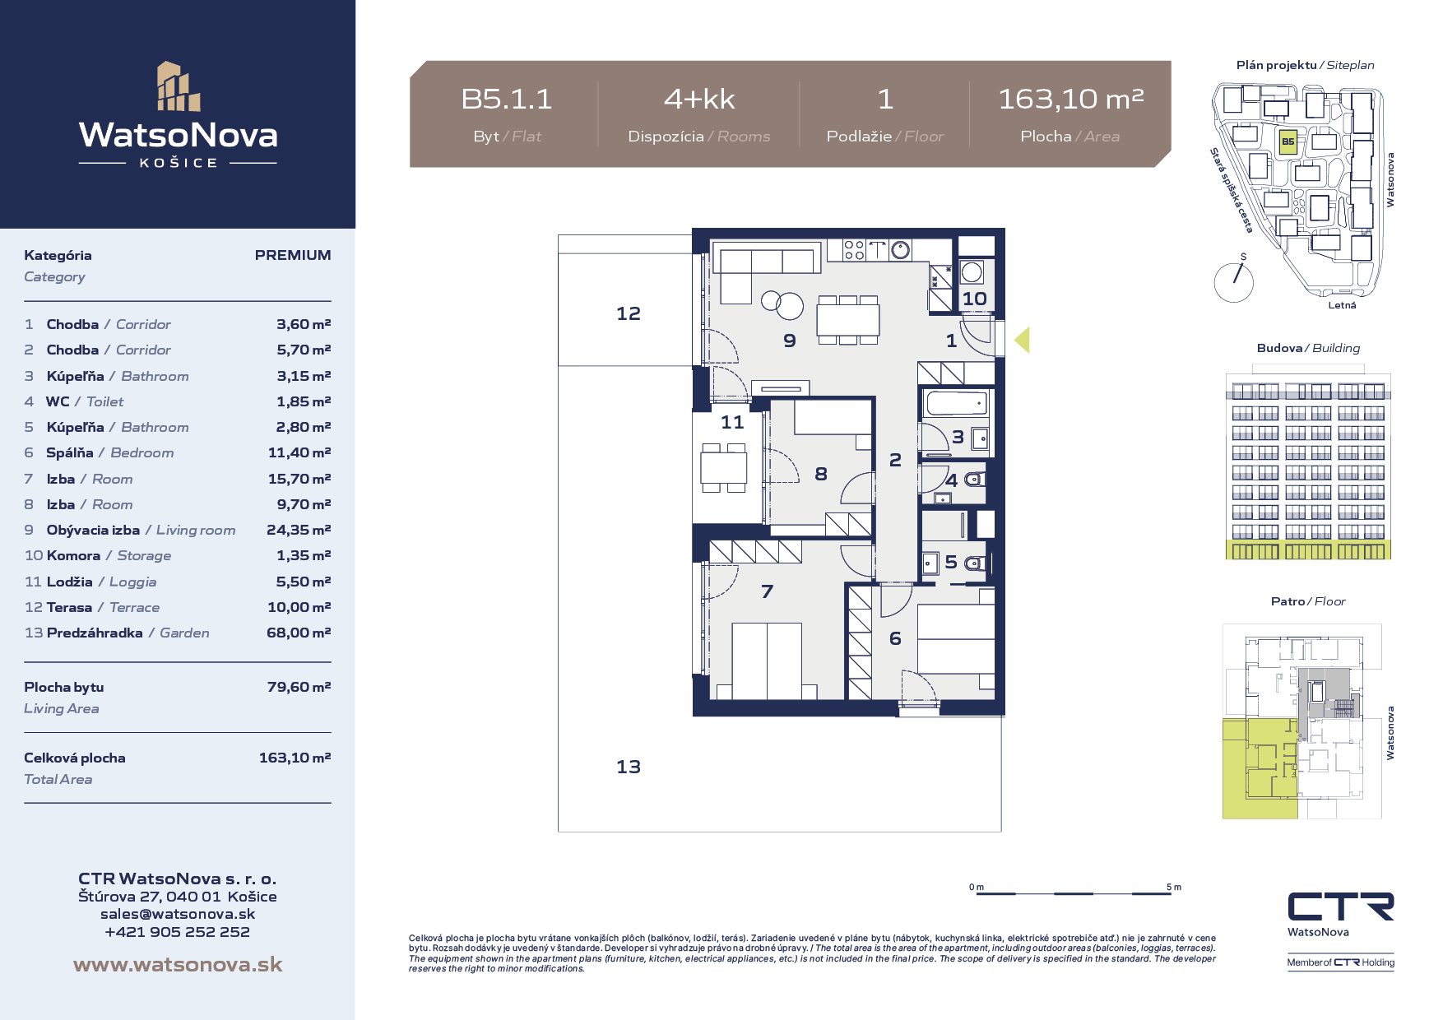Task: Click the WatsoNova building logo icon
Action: [x=179, y=86]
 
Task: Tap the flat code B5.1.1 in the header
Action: [x=507, y=100]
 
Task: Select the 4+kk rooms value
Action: [x=699, y=100]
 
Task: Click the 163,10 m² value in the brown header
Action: [x=1070, y=100]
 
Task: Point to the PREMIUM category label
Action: [x=293, y=255]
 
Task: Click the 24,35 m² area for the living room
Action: [x=299, y=530]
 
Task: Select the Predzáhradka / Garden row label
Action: [x=128, y=633]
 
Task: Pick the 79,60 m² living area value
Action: [x=299, y=687]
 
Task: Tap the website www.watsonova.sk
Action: [x=178, y=965]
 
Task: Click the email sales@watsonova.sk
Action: [x=178, y=914]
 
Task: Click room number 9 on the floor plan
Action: [x=790, y=341]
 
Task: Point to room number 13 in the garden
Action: [x=629, y=767]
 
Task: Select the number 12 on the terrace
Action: [x=629, y=313]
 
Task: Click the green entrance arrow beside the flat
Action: [x=1022, y=340]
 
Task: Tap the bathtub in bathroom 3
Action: [x=956, y=403]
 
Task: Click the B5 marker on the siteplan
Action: [x=1288, y=141]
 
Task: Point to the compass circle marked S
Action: [x=1234, y=282]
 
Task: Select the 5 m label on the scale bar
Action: [x=1174, y=887]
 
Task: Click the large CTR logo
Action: [x=1341, y=906]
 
